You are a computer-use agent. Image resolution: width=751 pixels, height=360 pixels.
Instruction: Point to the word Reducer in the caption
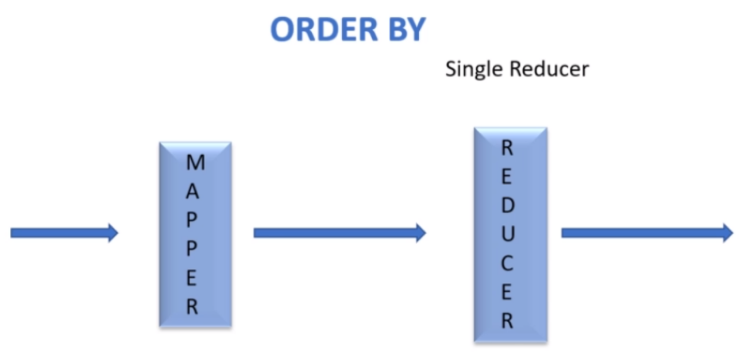(x=549, y=69)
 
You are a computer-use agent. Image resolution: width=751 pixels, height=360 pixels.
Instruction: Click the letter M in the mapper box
(x=195, y=163)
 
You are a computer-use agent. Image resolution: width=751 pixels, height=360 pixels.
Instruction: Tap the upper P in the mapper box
(x=192, y=220)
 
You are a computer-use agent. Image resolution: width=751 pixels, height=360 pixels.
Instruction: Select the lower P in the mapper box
(x=192, y=249)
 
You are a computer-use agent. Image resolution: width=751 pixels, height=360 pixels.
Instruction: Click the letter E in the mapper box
(x=192, y=278)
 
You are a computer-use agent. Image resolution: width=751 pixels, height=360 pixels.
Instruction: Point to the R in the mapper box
(x=192, y=307)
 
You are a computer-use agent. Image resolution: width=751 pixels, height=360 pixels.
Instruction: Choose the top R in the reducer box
(x=507, y=148)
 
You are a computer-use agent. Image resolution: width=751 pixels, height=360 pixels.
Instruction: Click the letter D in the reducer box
(x=508, y=206)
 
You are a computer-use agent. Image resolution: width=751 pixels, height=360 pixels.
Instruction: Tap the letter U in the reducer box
(x=508, y=235)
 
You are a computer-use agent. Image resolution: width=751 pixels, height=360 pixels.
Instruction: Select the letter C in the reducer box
(x=507, y=264)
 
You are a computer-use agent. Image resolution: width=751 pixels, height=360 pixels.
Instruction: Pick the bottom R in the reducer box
(x=507, y=321)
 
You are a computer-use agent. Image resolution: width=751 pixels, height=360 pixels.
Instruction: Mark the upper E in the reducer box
(x=507, y=177)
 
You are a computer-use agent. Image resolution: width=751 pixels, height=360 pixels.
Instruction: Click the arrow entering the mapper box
(x=64, y=233)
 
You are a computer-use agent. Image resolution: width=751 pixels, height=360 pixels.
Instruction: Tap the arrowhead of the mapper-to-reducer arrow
(x=420, y=233)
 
